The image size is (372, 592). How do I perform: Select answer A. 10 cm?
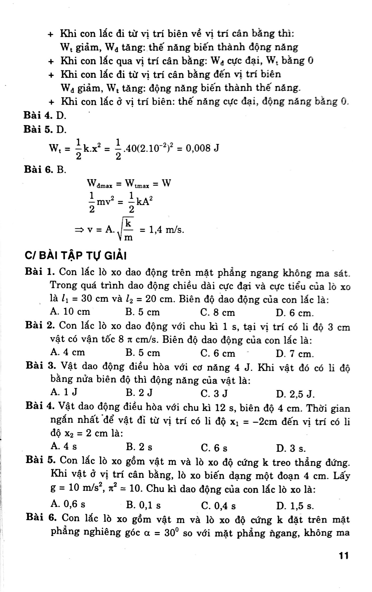click(70, 312)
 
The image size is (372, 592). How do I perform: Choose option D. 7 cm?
click(295, 354)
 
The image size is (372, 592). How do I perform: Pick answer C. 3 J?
click(214, 394)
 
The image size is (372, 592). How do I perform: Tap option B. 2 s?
click(139, 447)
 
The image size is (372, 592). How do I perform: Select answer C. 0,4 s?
click(218, 506)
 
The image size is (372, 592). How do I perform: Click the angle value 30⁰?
click(173, 533)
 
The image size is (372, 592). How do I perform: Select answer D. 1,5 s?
click(295, 506)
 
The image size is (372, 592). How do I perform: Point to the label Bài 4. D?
click(45, 115)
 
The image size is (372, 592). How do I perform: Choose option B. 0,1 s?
click(143, 505)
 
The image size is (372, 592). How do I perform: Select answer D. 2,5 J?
click(295, 394)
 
